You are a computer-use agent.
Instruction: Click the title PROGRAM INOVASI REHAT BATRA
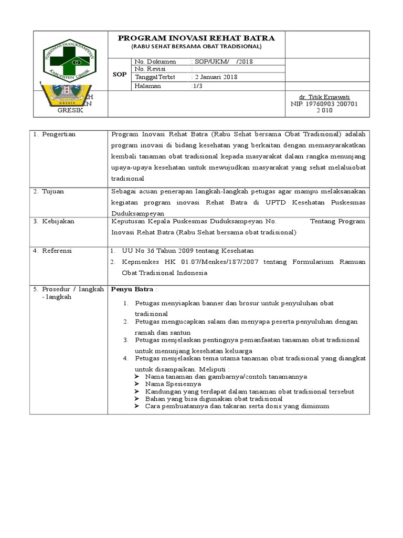pos(196,38)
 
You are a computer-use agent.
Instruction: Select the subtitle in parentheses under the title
pos(196,47)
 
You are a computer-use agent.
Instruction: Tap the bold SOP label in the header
pos(120,74)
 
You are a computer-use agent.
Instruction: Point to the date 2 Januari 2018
pos(215,77)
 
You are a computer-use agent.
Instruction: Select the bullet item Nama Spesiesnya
pos(172,384)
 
